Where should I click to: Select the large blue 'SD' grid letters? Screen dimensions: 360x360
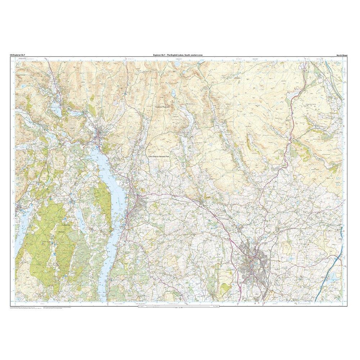[338, 185]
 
